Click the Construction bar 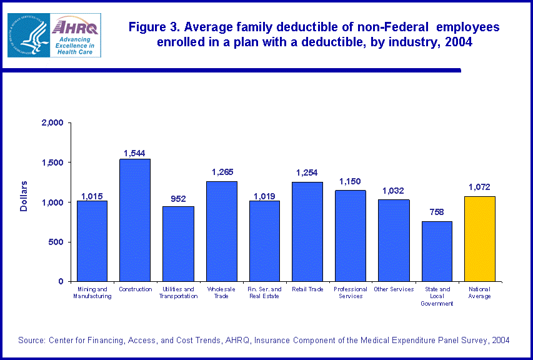pyautogui.click(x=135, y=220)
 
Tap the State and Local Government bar pyautogui.click(x=437, y=251)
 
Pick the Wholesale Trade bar pyautogui.click(x=221, y=231)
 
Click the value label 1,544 pyautogui.click(x=135, y=152)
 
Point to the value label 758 pyautogui.click(x=437, y=212)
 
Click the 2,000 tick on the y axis pyautogui.click(x=52, y=123)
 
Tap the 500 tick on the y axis pyautogui.click(x=57, y=242)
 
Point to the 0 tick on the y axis pyautogui.click(x=61, y=282)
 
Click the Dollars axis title pyautogui.click(x=24, y=196)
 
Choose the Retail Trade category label pyautogui.click(x=307, y=289)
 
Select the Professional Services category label pyautogui.click(x=351, y=292)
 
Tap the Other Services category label pyautogui.click(x=394, y=289)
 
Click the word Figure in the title pyautogui.click(x=148, y=28)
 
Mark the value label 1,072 pyautogui.click(x=479, y=187)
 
